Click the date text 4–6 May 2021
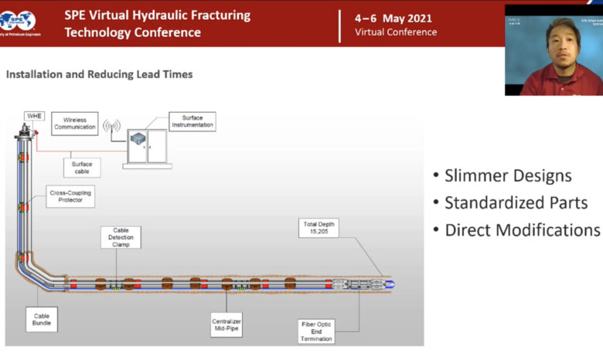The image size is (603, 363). (x=393, y=19)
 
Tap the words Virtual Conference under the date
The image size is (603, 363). (x=396, y=32)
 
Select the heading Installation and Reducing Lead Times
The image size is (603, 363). (x=99, y=74)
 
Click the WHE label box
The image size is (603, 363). (x=35, y=116)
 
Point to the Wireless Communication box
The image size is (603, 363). (x=75, y=124)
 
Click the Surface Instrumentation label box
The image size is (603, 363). (x=192, y=121)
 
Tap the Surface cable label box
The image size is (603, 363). (x=82, y=168)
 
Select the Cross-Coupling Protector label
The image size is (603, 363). (x=70, y=196)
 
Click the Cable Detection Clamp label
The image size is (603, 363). (x=121, y=237)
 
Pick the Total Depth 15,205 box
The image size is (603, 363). (x=319, y=228)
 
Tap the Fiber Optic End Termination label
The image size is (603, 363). (x=317, y=331)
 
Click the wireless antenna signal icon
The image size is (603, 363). (x=112, y=126)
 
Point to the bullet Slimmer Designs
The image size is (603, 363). (x=502, y=175)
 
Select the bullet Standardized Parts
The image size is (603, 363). (x=510, y=202)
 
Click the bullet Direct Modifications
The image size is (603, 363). (x=516, y=229)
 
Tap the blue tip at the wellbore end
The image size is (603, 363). (x=390, y=284)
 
